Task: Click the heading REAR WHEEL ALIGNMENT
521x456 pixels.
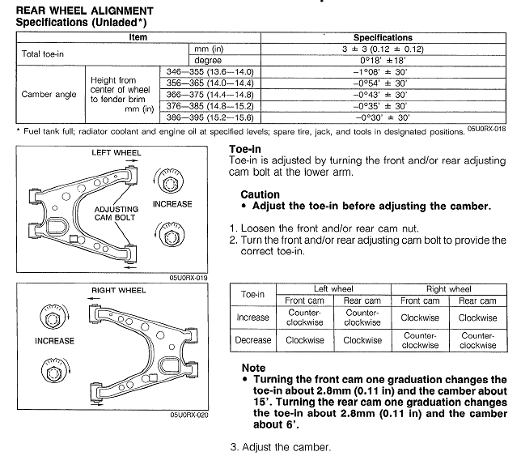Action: (x=83, y=10)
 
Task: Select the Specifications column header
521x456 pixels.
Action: (x=383, y=37)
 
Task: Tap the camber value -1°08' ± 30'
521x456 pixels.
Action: (x=383, y=72)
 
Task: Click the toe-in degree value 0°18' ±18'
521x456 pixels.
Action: (x=383, y=60)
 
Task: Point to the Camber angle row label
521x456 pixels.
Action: (x=49, y=94)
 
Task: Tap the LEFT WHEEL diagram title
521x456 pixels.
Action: (x=116, y=152)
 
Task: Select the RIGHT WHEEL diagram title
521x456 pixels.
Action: (x=121, y=289)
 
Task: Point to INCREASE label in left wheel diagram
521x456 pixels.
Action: (x=173, y=204)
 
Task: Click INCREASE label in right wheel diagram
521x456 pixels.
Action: (x=55, y=341)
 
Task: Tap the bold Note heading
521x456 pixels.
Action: (x=253, y=368)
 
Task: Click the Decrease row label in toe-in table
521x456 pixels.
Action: (x=252, y=340)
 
